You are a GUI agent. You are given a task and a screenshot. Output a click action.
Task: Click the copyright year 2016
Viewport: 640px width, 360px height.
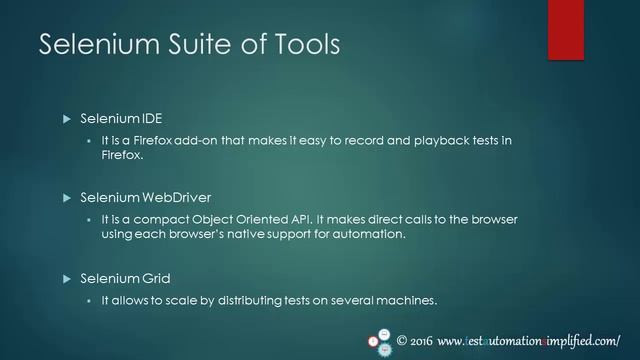tap(421, 339)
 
